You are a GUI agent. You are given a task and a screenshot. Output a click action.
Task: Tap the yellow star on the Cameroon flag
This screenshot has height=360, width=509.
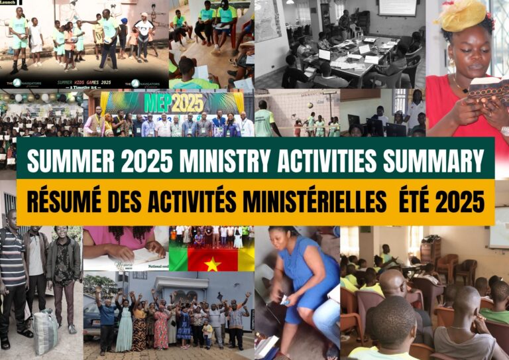coord(213,263)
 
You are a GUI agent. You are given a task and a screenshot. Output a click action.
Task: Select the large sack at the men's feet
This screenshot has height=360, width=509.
coord(46,331)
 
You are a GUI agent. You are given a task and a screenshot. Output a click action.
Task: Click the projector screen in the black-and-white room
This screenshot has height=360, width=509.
coord(397,7)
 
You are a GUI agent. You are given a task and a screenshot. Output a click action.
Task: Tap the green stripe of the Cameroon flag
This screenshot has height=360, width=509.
coord(178,259)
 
